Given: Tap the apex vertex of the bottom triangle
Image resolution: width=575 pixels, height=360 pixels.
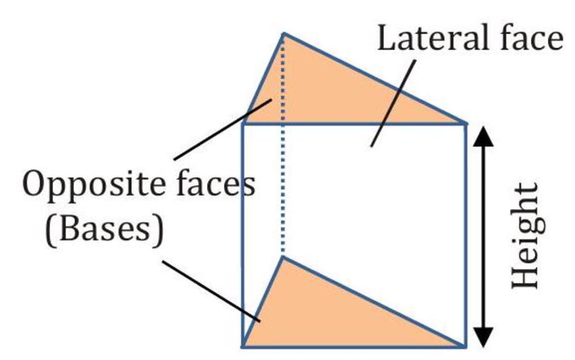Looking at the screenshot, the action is coord(284,258).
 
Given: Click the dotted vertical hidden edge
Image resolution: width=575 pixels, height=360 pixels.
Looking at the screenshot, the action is coord(284,192).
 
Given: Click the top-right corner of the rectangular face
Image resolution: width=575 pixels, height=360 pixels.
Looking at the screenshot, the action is coord(465,124).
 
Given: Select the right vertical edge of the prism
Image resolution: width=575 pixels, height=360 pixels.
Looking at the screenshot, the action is coord(465,235).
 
